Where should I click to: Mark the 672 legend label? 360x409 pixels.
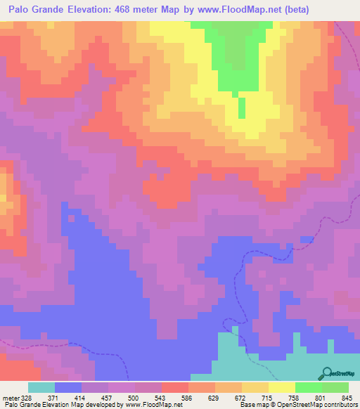(x=250, y=397)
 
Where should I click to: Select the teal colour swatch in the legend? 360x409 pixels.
(x=41, y=387)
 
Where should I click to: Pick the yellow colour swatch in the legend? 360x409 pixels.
(x=281, y=387)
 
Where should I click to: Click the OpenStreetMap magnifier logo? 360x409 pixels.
(x=326, y=373)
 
